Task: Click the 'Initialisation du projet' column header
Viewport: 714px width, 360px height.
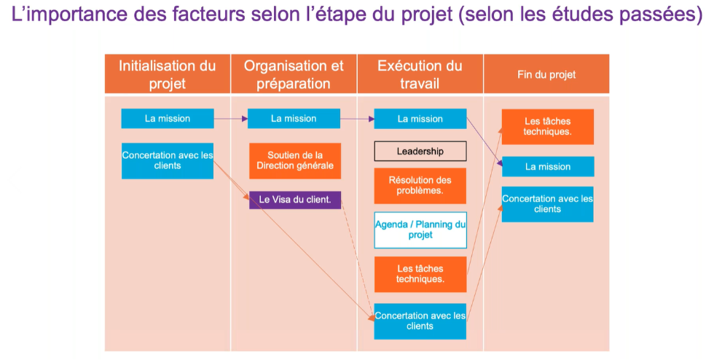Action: pos(168,74)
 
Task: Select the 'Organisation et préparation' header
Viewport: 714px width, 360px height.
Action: pos(294,74)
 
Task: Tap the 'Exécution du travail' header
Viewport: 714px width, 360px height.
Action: pos(420,74)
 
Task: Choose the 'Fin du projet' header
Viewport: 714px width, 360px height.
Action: pos(546,74)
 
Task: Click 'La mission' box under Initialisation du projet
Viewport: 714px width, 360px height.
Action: pos(168,119)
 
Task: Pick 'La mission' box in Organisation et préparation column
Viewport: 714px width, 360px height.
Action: pos(294,119)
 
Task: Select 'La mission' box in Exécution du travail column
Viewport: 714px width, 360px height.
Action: pos(420,119)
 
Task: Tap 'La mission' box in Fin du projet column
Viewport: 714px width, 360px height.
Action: pos(548,167)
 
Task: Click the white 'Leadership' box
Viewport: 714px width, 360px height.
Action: pos(420,152)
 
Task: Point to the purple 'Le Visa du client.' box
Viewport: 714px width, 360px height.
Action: pos(295,200)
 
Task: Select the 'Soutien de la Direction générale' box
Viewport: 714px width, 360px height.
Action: pos(295,160)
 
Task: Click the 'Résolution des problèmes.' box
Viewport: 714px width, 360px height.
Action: pos(420,186)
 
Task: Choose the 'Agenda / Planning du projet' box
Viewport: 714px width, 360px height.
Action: pos(420,230)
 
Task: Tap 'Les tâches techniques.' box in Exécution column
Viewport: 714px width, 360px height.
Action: pos(420,274)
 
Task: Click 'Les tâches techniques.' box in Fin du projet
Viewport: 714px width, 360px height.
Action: pos(548,127)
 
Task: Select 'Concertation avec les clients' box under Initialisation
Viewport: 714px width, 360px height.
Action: pos(168,160)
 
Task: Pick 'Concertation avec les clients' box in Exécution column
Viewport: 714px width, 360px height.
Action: pos(420,321)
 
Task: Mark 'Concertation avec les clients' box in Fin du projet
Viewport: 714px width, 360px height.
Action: pos(548,204)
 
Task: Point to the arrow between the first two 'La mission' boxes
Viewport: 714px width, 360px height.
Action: pos(230,119)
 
